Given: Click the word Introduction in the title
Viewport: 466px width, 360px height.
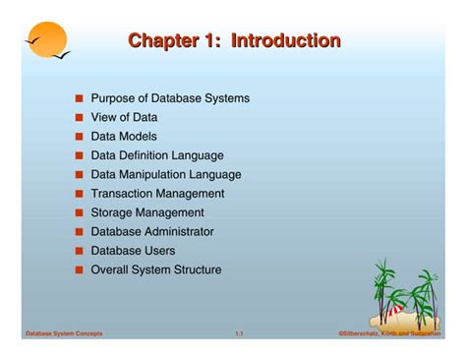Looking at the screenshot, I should coord(285,41).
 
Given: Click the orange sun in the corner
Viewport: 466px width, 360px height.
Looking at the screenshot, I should coord(47,38).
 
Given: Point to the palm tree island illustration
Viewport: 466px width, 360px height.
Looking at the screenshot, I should coord(404,296).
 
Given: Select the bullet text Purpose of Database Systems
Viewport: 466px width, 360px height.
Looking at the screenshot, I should coord(170,98).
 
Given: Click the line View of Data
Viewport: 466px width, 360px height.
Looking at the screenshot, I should coord(124,117).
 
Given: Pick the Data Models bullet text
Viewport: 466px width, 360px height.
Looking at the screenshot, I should coord(124,137).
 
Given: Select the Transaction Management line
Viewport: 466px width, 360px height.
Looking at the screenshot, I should coord(157,194).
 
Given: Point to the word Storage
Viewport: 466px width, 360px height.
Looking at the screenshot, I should coord(112,212).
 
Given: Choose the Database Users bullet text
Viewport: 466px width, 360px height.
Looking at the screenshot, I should coord(134,251).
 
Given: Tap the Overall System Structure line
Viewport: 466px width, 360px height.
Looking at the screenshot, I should coord(156,270).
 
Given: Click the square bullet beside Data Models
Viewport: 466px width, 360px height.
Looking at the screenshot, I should coord(79,137).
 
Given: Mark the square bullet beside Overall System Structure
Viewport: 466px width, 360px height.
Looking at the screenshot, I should coord(79,270).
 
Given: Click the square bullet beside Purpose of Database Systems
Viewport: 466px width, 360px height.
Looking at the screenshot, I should coord(79,99).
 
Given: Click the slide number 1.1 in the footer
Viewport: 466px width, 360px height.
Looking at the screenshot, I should coord(239,334).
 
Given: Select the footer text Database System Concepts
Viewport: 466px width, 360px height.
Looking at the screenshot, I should coord(63,334).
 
